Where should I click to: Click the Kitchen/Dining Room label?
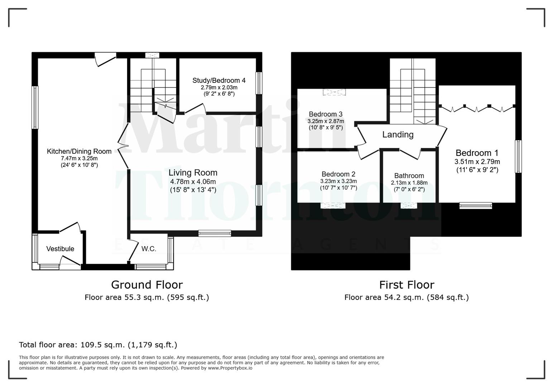coord(79,151)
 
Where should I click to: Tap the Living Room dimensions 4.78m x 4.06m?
coord(193,182)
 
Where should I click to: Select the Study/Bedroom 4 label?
coord(219,80)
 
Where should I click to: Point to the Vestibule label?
coord(60,249)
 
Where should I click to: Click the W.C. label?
coord(149,249)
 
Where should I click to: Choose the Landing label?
coord(398,135)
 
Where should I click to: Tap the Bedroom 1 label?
coord(477,153)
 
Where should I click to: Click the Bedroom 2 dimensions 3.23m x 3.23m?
coord(338,181)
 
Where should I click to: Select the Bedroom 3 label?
coord(326,114)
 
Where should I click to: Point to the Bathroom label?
coord(409,176)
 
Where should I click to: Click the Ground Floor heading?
coord(147,285)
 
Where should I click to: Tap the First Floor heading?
coord(407,285)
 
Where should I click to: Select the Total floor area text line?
coord(98,345)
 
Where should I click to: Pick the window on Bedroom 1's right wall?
coord(518,156)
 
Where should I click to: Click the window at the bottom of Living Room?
coord(215,234)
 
